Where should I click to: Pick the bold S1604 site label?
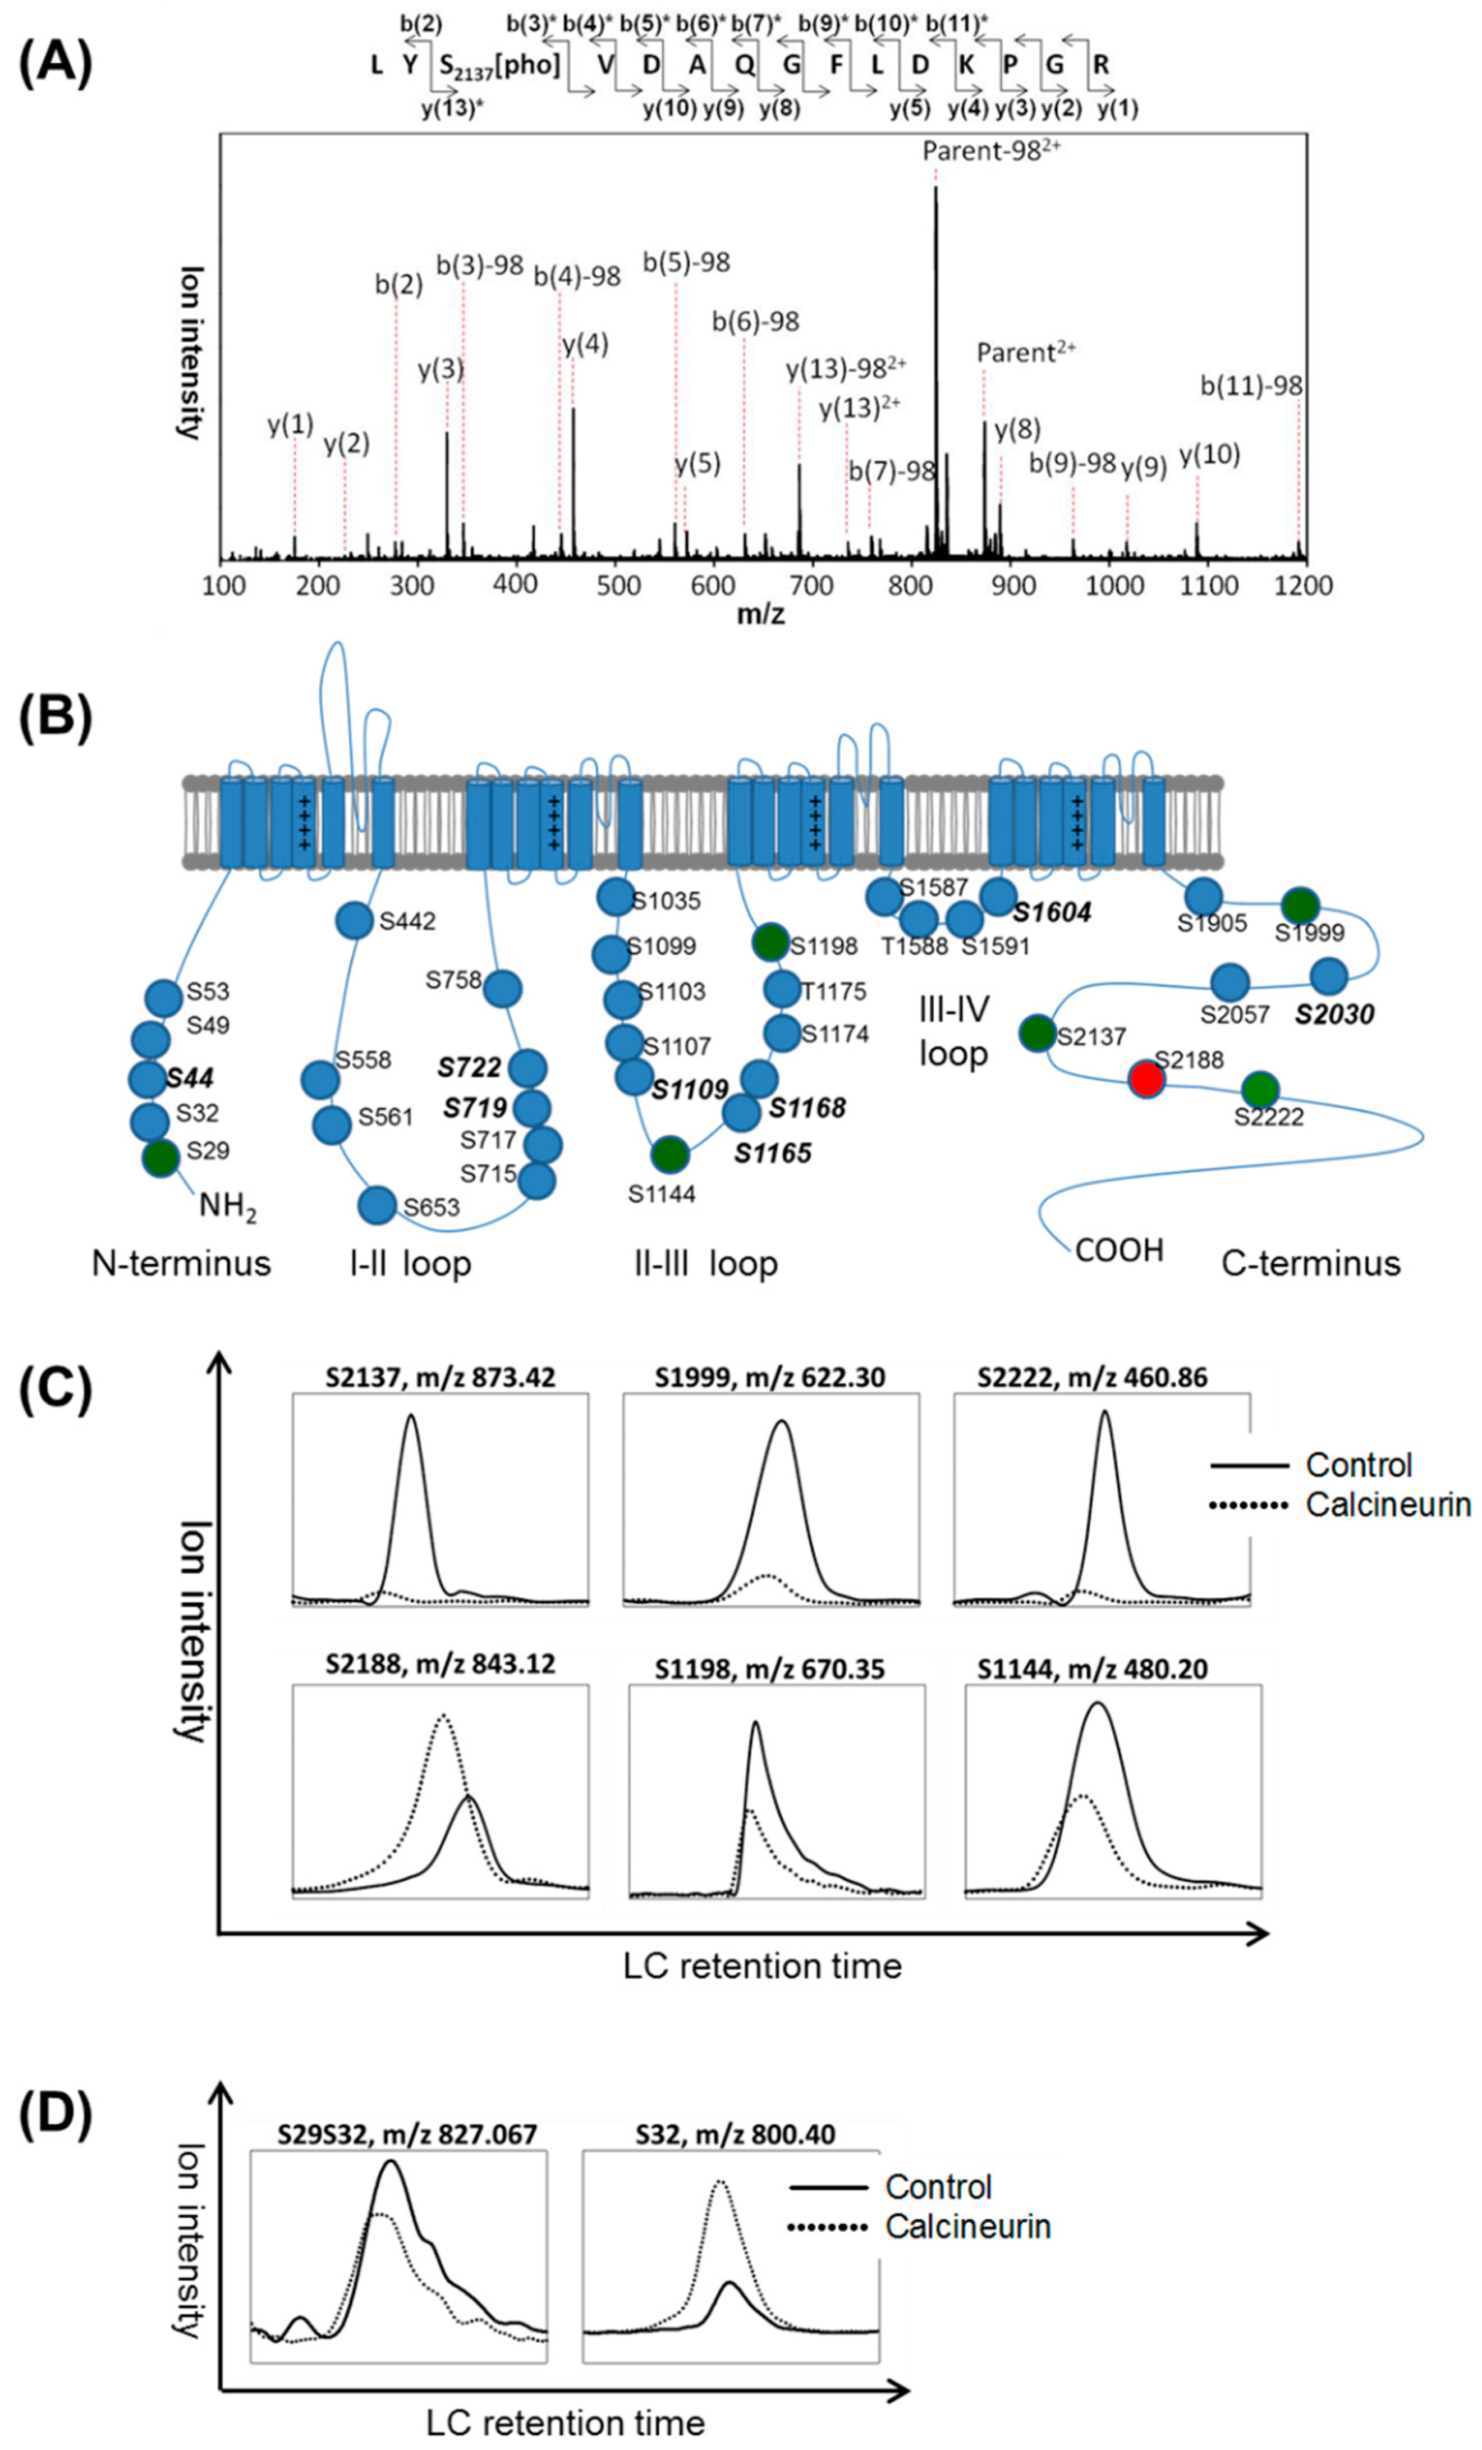pyautogui.click(x=1052, y=912)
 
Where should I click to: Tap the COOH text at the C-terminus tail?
pyautogui.click(x=1119, y=1250)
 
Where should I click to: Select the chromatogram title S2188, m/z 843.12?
pyautogui.click(x=441, y=1663)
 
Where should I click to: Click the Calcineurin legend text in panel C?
pyautogui.click(x=1388, y=1505)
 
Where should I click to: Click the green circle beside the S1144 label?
pyautogui.click(x=670, y=1154)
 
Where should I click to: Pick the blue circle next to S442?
pyautogui.click(x=354, y=921)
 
